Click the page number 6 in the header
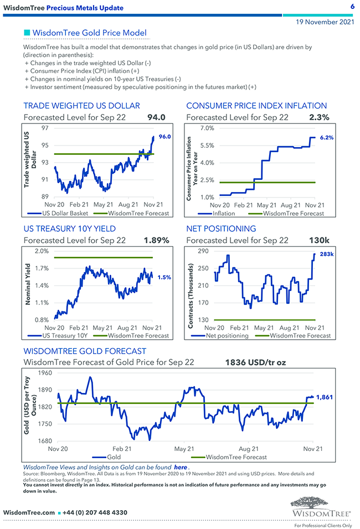[x=352, y=7]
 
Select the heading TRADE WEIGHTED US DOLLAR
[x=81, y=106]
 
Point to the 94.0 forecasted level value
[x=156, y=117]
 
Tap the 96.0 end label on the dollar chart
[x=164, y=137]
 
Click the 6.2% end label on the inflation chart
[x=327, y=137]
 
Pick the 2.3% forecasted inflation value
[x=320, y=117]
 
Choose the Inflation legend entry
[x=223, y=213]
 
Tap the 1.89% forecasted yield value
[x=156, y=240]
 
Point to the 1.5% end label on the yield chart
[x=164, y=277]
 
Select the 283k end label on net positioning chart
[x=326, y=254]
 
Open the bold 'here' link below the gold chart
[x=180, y=467]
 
